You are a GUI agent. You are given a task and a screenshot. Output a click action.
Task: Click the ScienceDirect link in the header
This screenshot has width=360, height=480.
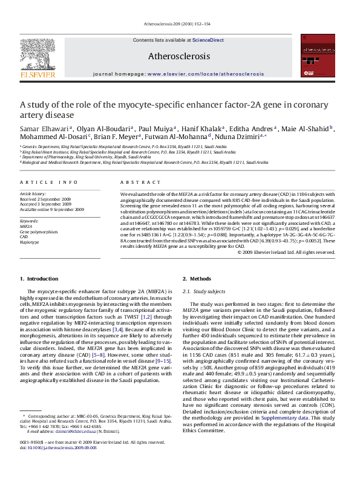tap(208, 40)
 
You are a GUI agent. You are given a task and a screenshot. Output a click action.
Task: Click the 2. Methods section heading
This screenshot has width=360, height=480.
tap(197, 279)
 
